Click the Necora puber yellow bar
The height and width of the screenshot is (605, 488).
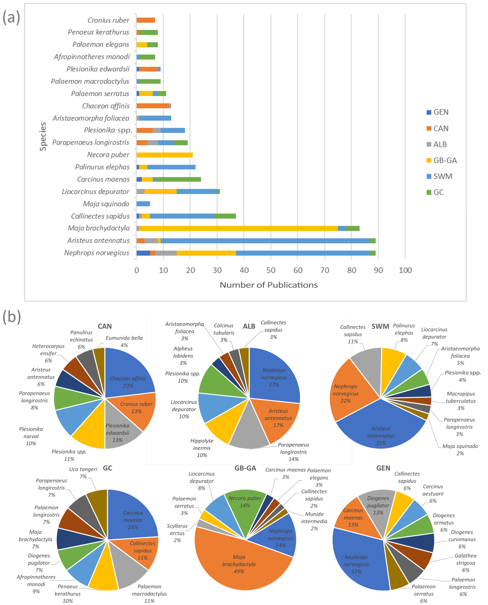(x=164, y=155)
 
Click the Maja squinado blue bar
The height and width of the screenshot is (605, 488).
(x=143, y=204)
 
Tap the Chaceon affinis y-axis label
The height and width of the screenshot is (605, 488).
(x=106, y=106)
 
